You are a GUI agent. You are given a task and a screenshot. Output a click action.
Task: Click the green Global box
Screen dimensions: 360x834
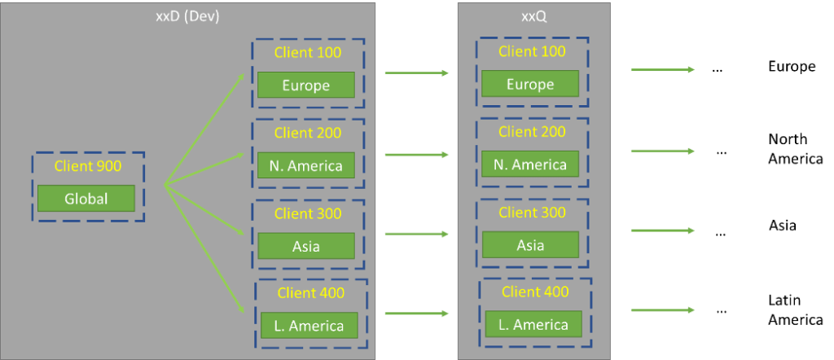[x=86, y=198]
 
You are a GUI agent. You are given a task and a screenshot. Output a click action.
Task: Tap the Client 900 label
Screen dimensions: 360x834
[x=87, y=167]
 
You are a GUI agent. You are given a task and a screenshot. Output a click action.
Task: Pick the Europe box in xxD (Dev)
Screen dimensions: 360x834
[x=305, y=85]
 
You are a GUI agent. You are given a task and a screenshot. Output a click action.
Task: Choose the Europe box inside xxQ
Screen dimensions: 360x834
[x=529, y=84]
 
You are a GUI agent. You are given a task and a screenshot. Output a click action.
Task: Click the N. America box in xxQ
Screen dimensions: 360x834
[x=529, y=165]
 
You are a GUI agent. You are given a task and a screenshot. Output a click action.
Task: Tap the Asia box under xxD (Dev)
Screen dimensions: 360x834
[x=305, y=246]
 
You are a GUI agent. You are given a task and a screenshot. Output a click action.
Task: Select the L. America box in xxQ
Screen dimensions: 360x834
[x=533, y=324]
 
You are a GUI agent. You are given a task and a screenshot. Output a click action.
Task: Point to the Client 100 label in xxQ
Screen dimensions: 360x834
[x=531, y=52]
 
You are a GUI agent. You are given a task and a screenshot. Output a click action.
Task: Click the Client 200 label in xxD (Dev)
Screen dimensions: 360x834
[x=308, y=133]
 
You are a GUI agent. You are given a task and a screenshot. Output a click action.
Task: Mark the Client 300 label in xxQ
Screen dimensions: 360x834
[x=531, y=213]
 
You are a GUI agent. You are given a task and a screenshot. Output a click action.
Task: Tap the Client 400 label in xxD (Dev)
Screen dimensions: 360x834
[x=310, y=293]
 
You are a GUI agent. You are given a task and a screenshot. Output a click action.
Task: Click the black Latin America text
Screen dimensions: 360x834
[x=795, y=310]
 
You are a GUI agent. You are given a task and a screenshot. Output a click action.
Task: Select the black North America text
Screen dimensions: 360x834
[x=795, y=148]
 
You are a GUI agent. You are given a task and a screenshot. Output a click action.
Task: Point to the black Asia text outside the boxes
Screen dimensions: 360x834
[x=782, y=226]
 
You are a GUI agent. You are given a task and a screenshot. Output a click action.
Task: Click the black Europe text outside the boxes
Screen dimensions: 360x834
[x=792, y=66]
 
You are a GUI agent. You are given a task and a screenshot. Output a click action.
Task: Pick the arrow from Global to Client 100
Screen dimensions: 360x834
[x=205, y=130]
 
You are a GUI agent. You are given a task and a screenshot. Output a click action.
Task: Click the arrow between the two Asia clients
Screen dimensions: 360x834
[x=416, y=235]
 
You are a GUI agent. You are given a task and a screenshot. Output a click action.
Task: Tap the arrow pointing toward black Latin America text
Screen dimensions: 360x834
[x=662, y=310]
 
